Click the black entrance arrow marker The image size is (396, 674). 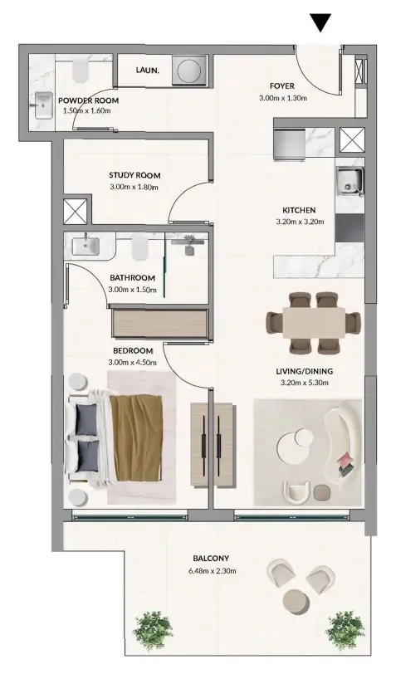click(320, 22)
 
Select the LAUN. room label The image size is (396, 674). click(148, 70)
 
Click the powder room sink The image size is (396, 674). click(43, 105)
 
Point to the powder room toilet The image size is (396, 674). click(81, 70)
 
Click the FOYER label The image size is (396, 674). click(282, 86)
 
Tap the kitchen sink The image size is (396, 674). click(350, 181)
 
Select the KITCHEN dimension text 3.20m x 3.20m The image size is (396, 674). click(300, 222)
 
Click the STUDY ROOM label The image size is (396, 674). click(134, 175)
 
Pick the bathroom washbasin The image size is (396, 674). click(86, 246)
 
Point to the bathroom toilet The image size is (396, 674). click(139, 247)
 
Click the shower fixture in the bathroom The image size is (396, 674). click(188, 245)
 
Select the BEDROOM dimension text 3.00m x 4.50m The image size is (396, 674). click(132, 363)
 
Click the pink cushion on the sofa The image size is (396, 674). click(345, 460)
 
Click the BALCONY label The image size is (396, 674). click(211, 559)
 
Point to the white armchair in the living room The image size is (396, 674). click(296, 492)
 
